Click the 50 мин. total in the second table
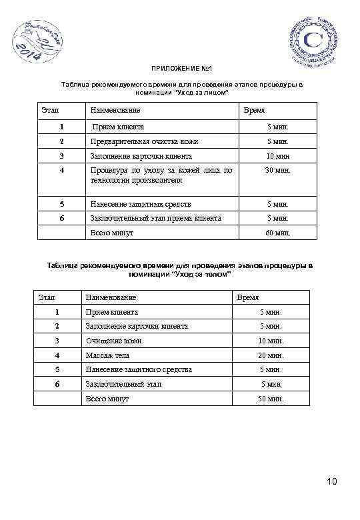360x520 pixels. coord(271,399)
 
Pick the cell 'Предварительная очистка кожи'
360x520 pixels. coord(144,141)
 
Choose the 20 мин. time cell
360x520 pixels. coord(271,355)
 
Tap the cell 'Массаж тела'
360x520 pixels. coord(107,355)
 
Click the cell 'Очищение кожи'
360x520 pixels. coord(114,341)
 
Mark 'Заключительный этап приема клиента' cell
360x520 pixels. coord(155,218)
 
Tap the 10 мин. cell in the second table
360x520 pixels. coord(271,341)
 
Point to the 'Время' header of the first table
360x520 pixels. coord(254,109)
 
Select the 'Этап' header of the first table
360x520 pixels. coord(50,109)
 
